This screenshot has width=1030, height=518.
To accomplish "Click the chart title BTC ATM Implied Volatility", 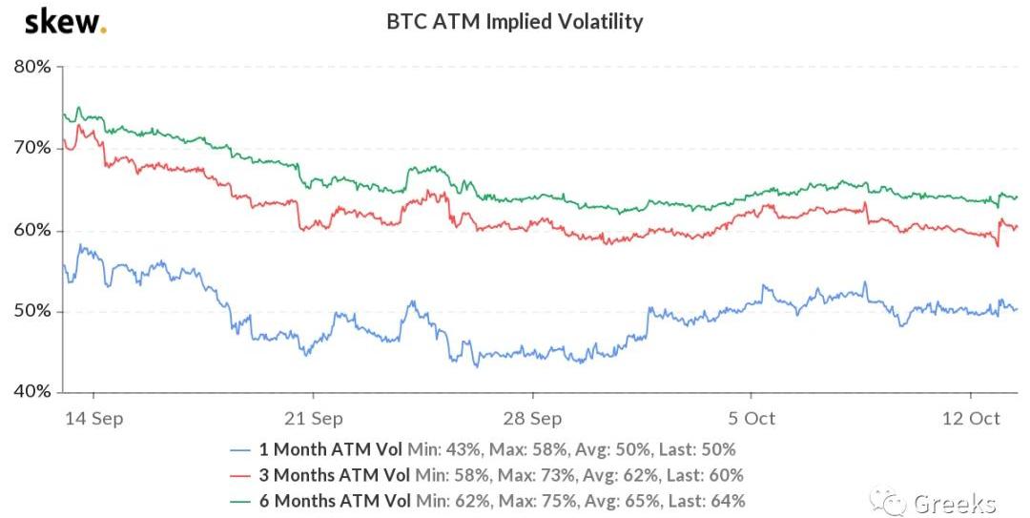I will (514, 21).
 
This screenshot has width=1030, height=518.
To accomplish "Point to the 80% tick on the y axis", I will (32, 67).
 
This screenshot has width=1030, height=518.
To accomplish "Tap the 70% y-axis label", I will (32, 148).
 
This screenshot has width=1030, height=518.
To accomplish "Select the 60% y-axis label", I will (32, 230).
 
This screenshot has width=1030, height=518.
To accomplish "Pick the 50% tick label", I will (32, 311).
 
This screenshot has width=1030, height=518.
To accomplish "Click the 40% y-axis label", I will (32, 392).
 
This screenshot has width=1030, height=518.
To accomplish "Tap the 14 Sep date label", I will (93, 419).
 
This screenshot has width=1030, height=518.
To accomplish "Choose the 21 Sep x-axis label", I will (313, 419).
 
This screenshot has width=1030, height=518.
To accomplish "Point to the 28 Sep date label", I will (532, 419).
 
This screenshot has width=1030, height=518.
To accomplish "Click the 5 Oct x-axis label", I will (752, 419).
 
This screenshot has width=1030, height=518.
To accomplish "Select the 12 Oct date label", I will (971, 419).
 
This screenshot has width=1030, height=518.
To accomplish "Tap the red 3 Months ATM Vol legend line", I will (245, 475).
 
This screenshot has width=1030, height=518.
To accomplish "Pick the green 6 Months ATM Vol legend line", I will (245, 500).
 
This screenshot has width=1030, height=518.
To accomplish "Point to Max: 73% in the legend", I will (534, 475).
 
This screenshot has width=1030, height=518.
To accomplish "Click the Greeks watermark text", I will (954, 502).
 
